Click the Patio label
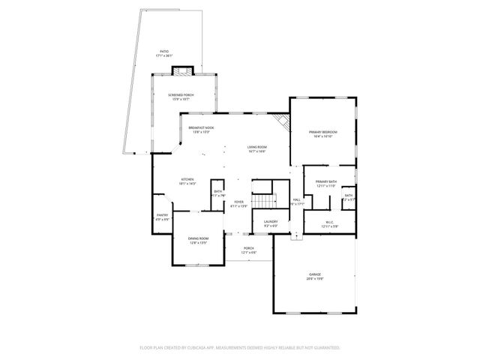164,51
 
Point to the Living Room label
258,146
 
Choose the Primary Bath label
325,182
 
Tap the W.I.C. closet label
329,221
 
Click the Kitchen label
187,179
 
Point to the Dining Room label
198,238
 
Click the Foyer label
238,202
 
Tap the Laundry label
271,221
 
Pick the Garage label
314,274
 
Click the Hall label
297,199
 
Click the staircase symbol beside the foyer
262,201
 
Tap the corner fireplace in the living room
282,122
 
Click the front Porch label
248,248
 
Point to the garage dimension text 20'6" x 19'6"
314,279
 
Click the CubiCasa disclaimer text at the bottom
240,348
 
